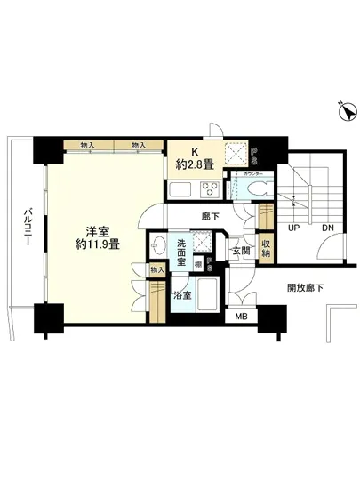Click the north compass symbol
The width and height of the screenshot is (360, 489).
pyautogui.click(x=344, y=111)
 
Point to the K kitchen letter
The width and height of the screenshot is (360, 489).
pyautogui.click(x=194, y=149)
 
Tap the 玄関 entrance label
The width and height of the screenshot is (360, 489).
pyautogui.click(x=240, y=252)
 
